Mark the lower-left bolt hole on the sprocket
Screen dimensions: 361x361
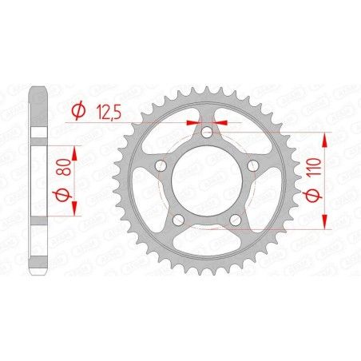click(x=178, y=220)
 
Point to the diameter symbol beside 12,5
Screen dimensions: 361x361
click(x=78, y=113)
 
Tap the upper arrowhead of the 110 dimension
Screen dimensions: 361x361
click(x=326, y=138)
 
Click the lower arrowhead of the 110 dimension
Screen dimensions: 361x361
click(x=326, y=224)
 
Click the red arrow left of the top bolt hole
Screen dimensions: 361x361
click(x=192, y=122)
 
